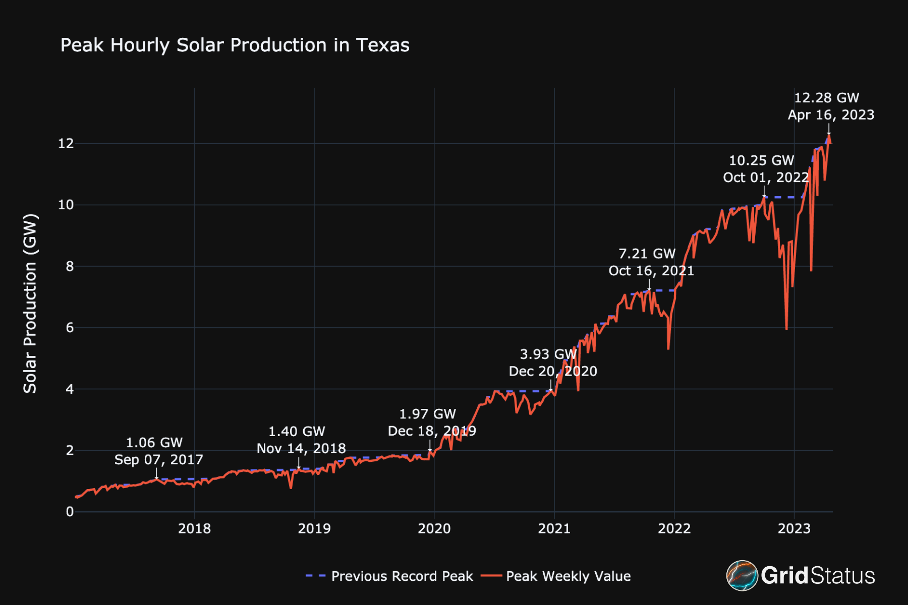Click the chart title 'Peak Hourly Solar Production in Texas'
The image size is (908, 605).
[x=235, y=45]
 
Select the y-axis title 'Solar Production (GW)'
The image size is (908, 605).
[x=30, y=304]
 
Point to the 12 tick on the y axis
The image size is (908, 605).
[x=66, y=144]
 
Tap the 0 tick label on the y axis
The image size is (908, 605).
[x=70, y=512]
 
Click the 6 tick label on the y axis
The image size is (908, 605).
[x=70, y=328]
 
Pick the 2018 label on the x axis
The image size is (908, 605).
[x=194, y=528]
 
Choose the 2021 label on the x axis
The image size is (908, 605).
[x=554, y=528]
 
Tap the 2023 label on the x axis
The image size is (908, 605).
[x=794, y=528]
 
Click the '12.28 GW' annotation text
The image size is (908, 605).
[x=826, y=98]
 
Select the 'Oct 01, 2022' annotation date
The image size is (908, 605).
[x=766, y=177]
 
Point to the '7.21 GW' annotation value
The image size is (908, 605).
[x=647, y=254]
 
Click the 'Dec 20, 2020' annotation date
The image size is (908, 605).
[x=553, y=372]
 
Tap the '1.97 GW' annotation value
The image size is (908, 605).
[x=427, y=414]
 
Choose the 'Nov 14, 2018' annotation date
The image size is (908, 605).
[x=301, y=449]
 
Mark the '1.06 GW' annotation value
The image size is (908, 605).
[x=154, y=443]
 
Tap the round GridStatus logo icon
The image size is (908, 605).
[x=742, y=575]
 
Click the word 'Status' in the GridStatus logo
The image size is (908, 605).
[x=843, y=576]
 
